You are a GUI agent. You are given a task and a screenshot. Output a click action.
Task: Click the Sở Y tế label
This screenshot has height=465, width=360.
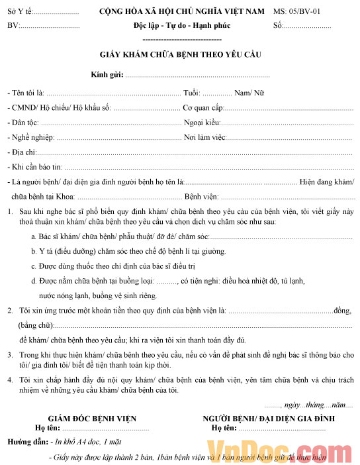pyautogui.click(x=19, y=12)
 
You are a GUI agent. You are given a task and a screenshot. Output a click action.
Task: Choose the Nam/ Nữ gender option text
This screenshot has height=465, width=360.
pyautogui.click(x=249, y=93)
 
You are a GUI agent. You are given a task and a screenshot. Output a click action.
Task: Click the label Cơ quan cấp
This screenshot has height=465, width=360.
pyautogui.click(x=203, y=107)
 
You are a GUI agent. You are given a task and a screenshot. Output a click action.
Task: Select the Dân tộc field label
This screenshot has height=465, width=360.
pyautogui.click(x=25, y=123)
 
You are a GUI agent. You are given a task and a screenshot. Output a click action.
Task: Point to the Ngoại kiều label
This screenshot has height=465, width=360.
pyautogui.click(x=201, y=123)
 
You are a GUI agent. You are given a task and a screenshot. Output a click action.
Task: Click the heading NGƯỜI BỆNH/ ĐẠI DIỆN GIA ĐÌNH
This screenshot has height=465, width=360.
pyautogui.click(x=269, y=419)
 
